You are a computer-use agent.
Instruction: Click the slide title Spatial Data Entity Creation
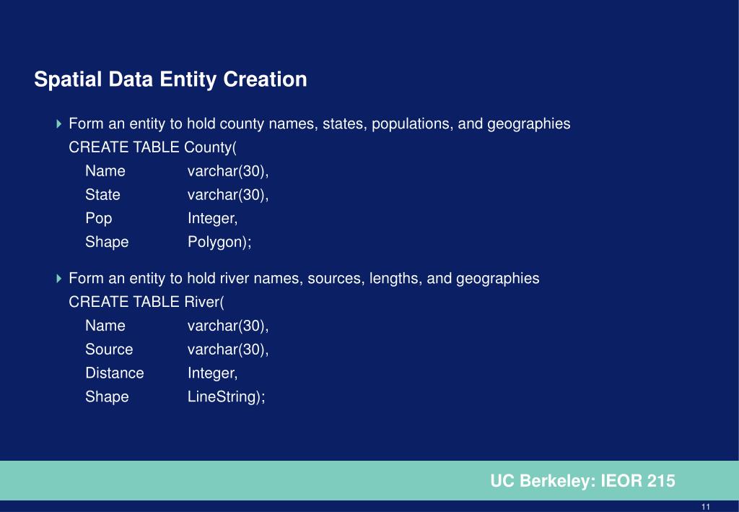(x=170, y=79)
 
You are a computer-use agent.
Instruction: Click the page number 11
(x=706, y=506)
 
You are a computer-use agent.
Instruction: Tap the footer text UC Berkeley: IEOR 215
(x=582, y=481)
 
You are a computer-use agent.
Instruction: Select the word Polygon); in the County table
(x=219, y=242)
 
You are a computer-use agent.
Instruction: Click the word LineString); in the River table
(x=227, y=396)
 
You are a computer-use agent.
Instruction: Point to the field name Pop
(x=99, y=218)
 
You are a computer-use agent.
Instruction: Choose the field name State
(x=102, y=194)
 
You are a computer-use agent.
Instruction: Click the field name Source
(x=109, y=350)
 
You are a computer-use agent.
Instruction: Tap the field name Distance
(x=115, y=373)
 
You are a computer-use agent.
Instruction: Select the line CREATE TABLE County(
(x=152, y=147)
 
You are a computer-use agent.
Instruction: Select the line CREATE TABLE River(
(x=147, y=302)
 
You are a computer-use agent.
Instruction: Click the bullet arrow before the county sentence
(x=59, y=124)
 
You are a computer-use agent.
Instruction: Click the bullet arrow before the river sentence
(x=59, y=279)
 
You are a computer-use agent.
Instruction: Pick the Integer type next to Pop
(x=212, y=218)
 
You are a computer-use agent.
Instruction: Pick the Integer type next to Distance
(x=212, y=373)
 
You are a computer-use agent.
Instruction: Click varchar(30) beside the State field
(x=228, y=194)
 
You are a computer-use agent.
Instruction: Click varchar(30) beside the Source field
(x=228, y=350)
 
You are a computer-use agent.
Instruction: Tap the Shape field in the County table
(x=107, y=242)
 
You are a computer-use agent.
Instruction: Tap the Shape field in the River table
(x=107, y=396)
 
